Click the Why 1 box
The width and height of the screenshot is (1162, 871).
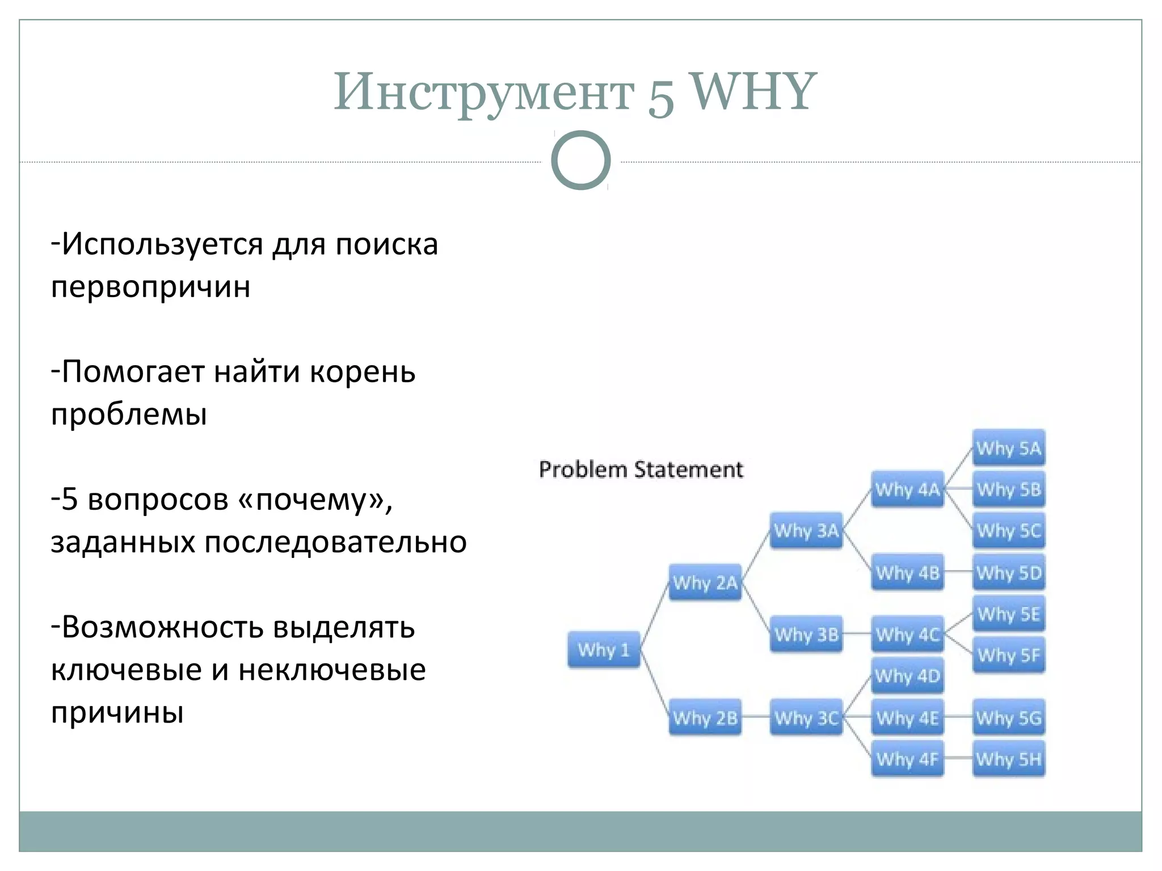[x=604, y=649]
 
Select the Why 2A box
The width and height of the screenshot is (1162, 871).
[x=705, y=582]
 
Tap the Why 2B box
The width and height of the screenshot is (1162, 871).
[x=705, y=717]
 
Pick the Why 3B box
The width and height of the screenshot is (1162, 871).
[x=806, y=634]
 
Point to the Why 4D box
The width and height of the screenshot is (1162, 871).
[x=907, y=675]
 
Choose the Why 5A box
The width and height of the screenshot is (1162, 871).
[x=1009, y=448]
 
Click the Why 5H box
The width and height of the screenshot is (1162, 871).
[x=1009, y=759]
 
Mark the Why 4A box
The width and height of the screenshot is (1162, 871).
[x=907, y=489]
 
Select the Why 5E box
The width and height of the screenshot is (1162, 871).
[x=1009, y=614]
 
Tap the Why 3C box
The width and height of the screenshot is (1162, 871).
[x=806, y=717]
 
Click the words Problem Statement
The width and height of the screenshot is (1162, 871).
[x=641, y=470]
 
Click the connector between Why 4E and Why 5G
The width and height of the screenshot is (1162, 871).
[x=958, y=717]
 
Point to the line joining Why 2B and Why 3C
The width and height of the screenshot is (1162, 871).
[x=756, y=717]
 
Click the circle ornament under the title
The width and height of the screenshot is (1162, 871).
[x=580, y=160]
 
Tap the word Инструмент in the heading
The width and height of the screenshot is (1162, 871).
[x=483, y=94]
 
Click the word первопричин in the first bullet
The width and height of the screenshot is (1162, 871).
[x=150, y=287]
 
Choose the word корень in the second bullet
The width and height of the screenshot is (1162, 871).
[x=363, y=373]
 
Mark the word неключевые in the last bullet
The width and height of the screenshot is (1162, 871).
[x=332, y=670]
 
